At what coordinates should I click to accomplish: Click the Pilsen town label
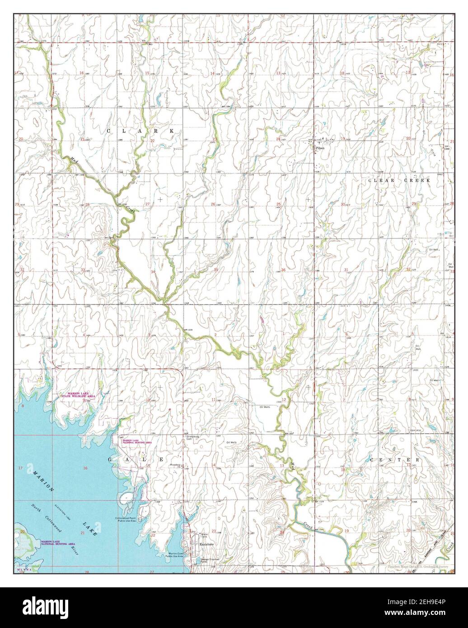click(x=321, y=148)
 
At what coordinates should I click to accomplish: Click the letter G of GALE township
click(x=109, y=459)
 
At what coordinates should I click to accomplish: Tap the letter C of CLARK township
click(x=108, y=131)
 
